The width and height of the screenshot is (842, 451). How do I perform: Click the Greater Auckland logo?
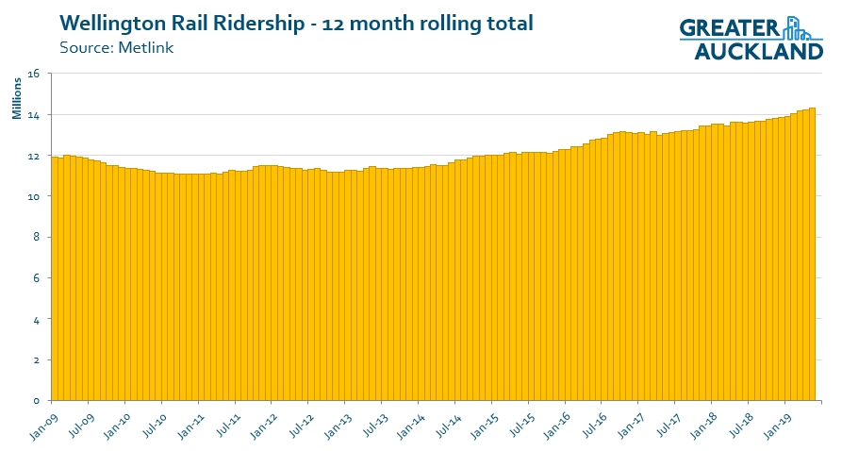point(751,39)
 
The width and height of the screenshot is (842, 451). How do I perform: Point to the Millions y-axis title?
point(17,99)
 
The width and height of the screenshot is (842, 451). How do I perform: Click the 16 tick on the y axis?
point(34,74)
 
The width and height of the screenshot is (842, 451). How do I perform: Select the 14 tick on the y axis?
point(34,115)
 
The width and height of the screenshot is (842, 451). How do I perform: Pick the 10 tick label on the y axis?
point(34,196)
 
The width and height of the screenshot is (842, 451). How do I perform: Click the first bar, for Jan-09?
point(55,283)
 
